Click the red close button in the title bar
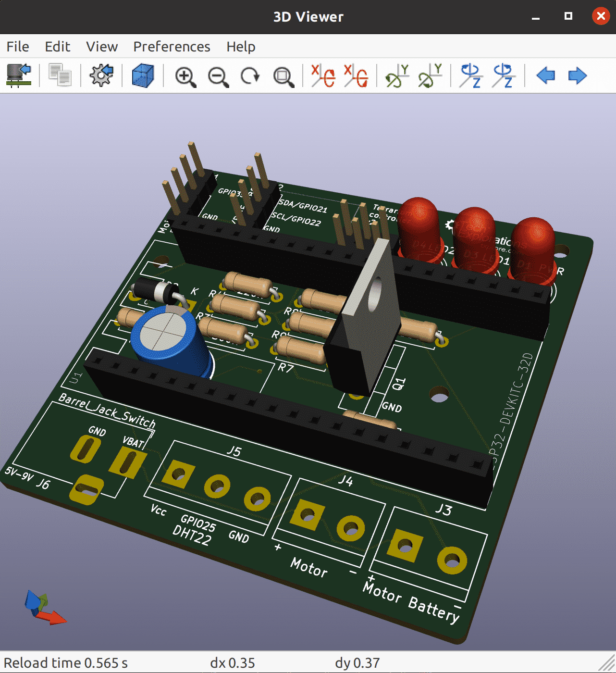click(x=601, y=16)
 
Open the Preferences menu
click(x=172, y=47)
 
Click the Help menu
click(x=241, y=47)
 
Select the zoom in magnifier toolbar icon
click(x=185, y=76)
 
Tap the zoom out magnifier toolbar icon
click(x=218, y=76)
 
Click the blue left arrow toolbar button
click(x=545, y=75)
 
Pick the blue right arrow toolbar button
click(x=577, y=75)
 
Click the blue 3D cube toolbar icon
click(x=143, y=75)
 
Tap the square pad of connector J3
click(x=405, y=545)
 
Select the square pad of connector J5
click(x=178, y=474)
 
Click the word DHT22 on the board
click(x=192, y=535)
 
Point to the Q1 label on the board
click(x=399, y=384)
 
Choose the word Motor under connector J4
click(x=309, y=567)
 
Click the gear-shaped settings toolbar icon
click(x=101, y=75)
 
